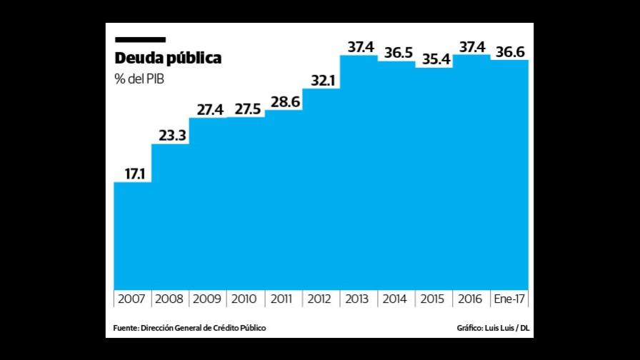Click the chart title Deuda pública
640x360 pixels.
coord(168,59)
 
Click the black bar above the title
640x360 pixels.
coord(140,40)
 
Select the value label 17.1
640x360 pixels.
coord(132,173)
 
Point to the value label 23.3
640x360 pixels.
coord(171,135)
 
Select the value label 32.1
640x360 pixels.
coord(321,80)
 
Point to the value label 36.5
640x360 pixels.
coord(396,52)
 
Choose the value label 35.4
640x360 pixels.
coord(434,59)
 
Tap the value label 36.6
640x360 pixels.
coord(509,52)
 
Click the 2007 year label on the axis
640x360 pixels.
coord(132,299)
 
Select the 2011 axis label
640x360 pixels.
coord(284,299)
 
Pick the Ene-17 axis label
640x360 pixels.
coord(509,299)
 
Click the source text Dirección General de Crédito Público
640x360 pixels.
coord(190,328)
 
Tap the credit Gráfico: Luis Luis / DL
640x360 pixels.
coord(493,328)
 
